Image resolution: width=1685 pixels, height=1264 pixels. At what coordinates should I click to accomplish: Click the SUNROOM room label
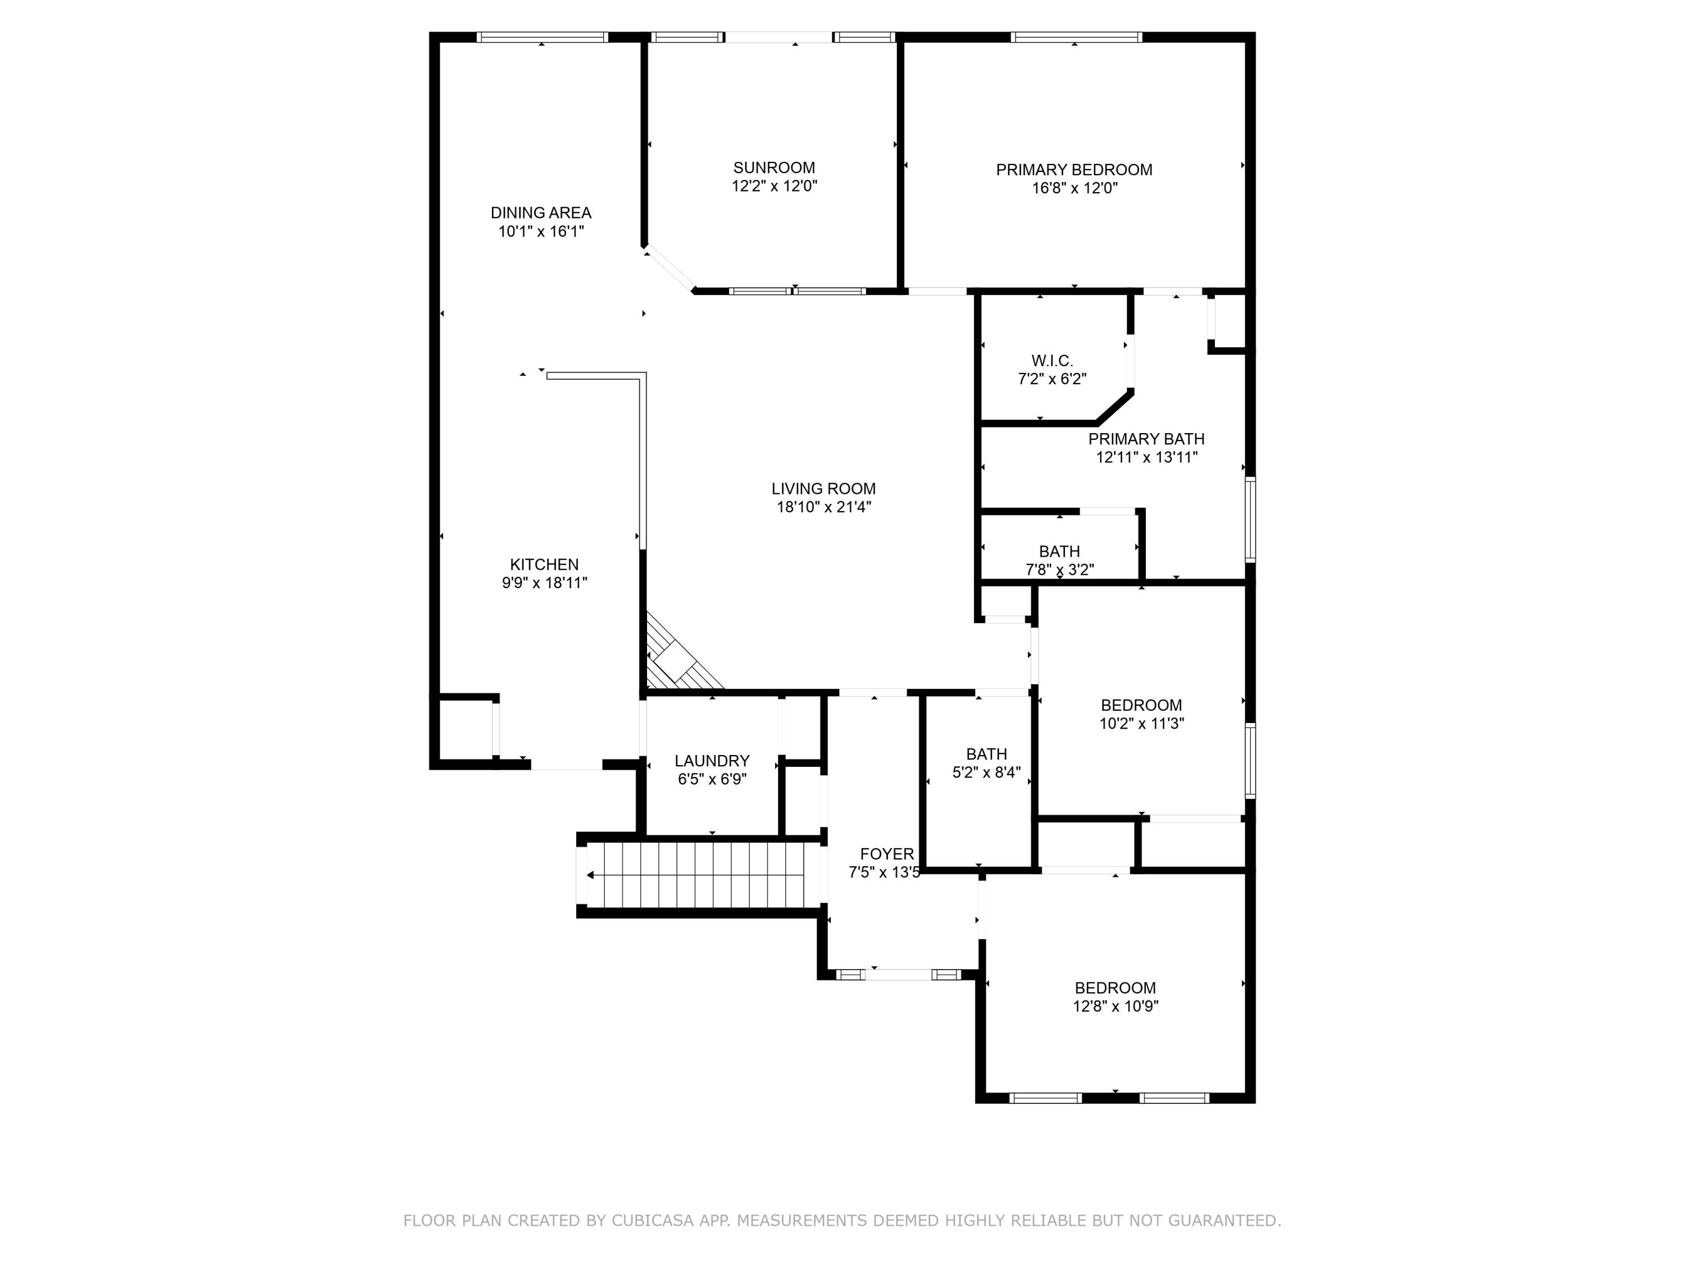(x=774, y=167)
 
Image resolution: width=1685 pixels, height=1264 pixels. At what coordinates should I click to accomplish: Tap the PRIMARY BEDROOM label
(x=1074, y=170)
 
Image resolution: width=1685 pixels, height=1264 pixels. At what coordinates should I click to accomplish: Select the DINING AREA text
(x=541, y=213)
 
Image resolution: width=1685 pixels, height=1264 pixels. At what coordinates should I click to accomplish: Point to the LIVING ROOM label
(x=823, y=489)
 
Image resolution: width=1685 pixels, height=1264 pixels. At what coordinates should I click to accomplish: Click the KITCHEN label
(x=544, y=565)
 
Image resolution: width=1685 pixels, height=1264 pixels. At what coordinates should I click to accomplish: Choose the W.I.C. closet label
(x=1052, y=361)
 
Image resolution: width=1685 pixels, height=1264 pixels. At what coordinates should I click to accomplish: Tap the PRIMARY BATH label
(x=1146, y=439)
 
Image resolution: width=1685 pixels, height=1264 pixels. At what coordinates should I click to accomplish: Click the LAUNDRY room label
(x=712, y=761)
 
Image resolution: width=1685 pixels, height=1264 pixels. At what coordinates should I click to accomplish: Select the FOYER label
(x=887, y=854)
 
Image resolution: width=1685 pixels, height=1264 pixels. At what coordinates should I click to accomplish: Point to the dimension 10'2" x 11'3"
(x=1141, y=724)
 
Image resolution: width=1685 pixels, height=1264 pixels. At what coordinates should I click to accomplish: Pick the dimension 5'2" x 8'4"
(x=986, y=772)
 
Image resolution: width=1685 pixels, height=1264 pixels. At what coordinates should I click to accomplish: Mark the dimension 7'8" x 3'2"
(x=1060, y=569)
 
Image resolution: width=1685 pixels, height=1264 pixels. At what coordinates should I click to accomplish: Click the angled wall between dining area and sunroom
(x=668, y=267)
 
